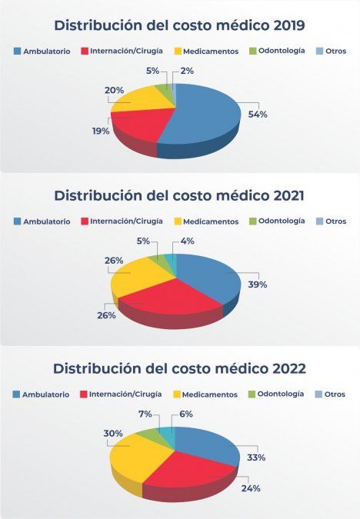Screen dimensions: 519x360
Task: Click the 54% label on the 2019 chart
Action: tap(258, 114)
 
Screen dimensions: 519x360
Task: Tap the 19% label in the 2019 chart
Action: tap(101, 131)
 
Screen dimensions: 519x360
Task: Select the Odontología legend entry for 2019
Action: tap(282, 52)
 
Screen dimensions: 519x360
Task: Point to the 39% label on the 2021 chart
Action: tap(258, 284)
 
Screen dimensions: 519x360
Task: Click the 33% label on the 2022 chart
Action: tap(257, 457)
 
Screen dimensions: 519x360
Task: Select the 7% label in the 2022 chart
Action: tap(144, 414)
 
